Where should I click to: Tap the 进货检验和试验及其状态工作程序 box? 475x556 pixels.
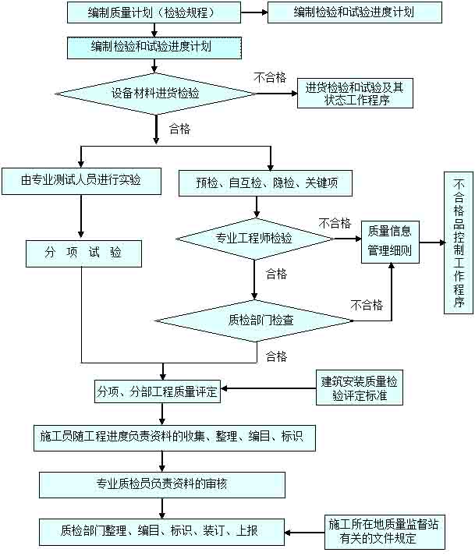point(355,94)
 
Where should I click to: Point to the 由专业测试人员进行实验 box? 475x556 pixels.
point(81,181)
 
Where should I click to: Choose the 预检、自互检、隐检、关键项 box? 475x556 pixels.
point(264,183)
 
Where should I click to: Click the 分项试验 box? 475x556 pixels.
point(83,253)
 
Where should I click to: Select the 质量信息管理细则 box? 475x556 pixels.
point(390,242)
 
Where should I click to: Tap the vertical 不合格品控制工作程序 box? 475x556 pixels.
point(459,243)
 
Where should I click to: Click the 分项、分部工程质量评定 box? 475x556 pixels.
point(157,390)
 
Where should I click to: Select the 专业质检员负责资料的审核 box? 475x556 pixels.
point(161,483)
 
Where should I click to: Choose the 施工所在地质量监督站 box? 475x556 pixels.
point(384,530)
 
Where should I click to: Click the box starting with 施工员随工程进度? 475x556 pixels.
point(175,437)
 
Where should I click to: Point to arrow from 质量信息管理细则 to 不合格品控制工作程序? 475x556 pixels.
point(432,242)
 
